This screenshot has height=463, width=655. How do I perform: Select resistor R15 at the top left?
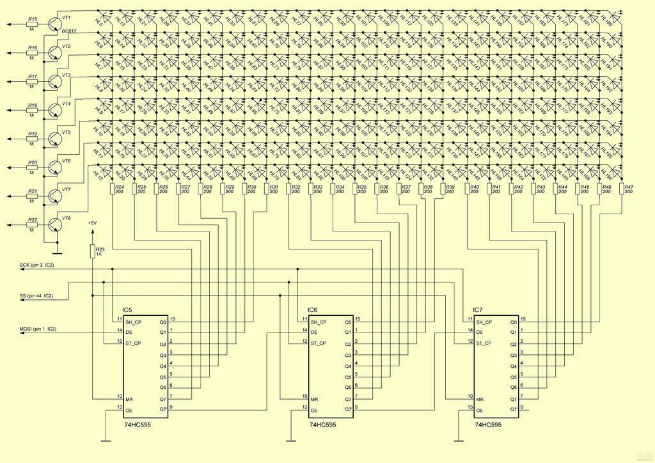click(32, 25)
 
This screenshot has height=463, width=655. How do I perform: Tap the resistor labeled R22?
click(32, 225)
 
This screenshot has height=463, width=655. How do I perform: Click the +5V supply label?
click(92, 223)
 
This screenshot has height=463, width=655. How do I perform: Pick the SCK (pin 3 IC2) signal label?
click(37, 264)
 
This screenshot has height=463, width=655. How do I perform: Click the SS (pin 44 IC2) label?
click(36, 296)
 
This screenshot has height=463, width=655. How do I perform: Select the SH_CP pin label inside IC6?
click(320, 322)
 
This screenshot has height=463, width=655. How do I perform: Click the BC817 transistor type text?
click(68, 31)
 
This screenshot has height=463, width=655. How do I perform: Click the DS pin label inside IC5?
click(129, 332)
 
